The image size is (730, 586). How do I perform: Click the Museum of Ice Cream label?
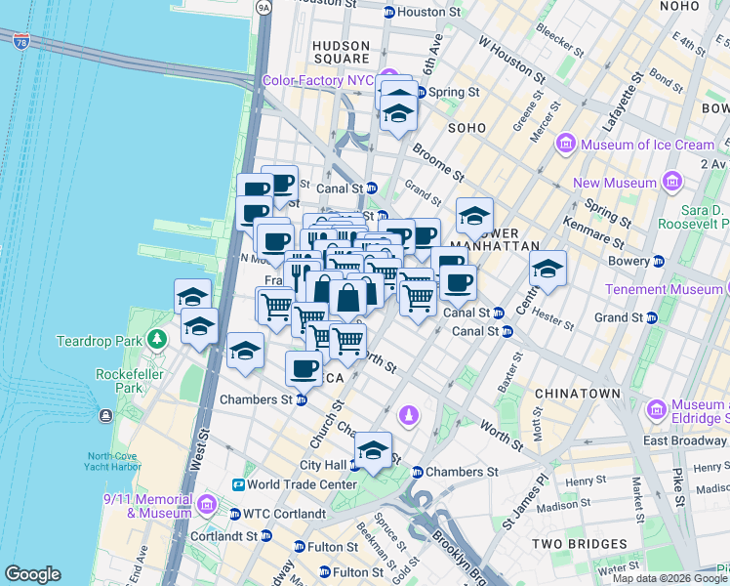(648, 145)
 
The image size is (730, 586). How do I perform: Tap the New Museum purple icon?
(670, 182)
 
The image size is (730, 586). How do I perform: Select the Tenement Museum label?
(663, 289)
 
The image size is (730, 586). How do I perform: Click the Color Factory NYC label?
(318, 80)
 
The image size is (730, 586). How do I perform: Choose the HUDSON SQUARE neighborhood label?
(342, 53)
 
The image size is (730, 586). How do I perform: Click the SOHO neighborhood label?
(466, 128)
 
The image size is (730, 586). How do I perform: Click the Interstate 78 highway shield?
(21, 41)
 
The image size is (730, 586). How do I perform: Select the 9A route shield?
(263, 7)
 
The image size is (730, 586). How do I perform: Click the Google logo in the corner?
(32, 574)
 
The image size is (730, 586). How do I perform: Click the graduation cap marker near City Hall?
(372, 450)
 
